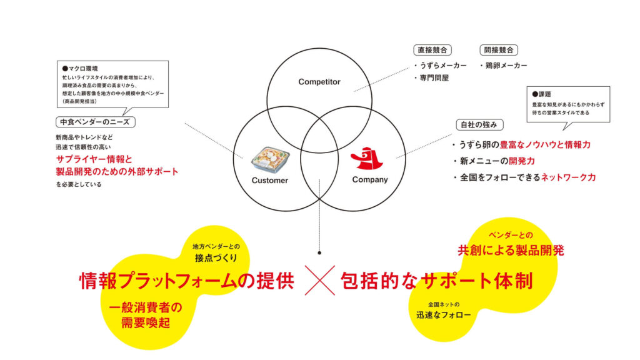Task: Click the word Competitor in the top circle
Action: pyautogui.click(x=319, y=82)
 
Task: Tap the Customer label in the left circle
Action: pyautogui.click(x=269, y=180)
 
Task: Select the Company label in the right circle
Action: pyautogui.click(x=370, y=180)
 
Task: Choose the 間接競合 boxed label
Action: pyautogui.click(x=498, y=50)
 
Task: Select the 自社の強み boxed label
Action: pyautogui.click(x=479, y=124)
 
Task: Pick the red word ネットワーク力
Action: pyautogui.click(x=569, y=177)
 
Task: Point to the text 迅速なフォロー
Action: pyautogui.click(x=443, y=315)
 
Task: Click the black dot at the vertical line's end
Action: pyautogui.click(x=319, y=254)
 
